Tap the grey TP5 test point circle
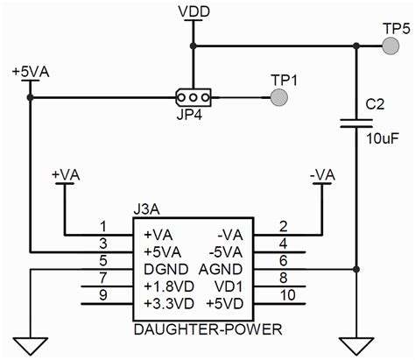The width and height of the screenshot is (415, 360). coord(390,49)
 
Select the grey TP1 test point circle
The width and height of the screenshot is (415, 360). coord(279,97)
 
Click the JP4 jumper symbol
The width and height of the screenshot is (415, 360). coord(192,96)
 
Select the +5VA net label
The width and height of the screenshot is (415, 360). coord(30,70)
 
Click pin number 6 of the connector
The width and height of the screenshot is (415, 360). coord(281,260)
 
